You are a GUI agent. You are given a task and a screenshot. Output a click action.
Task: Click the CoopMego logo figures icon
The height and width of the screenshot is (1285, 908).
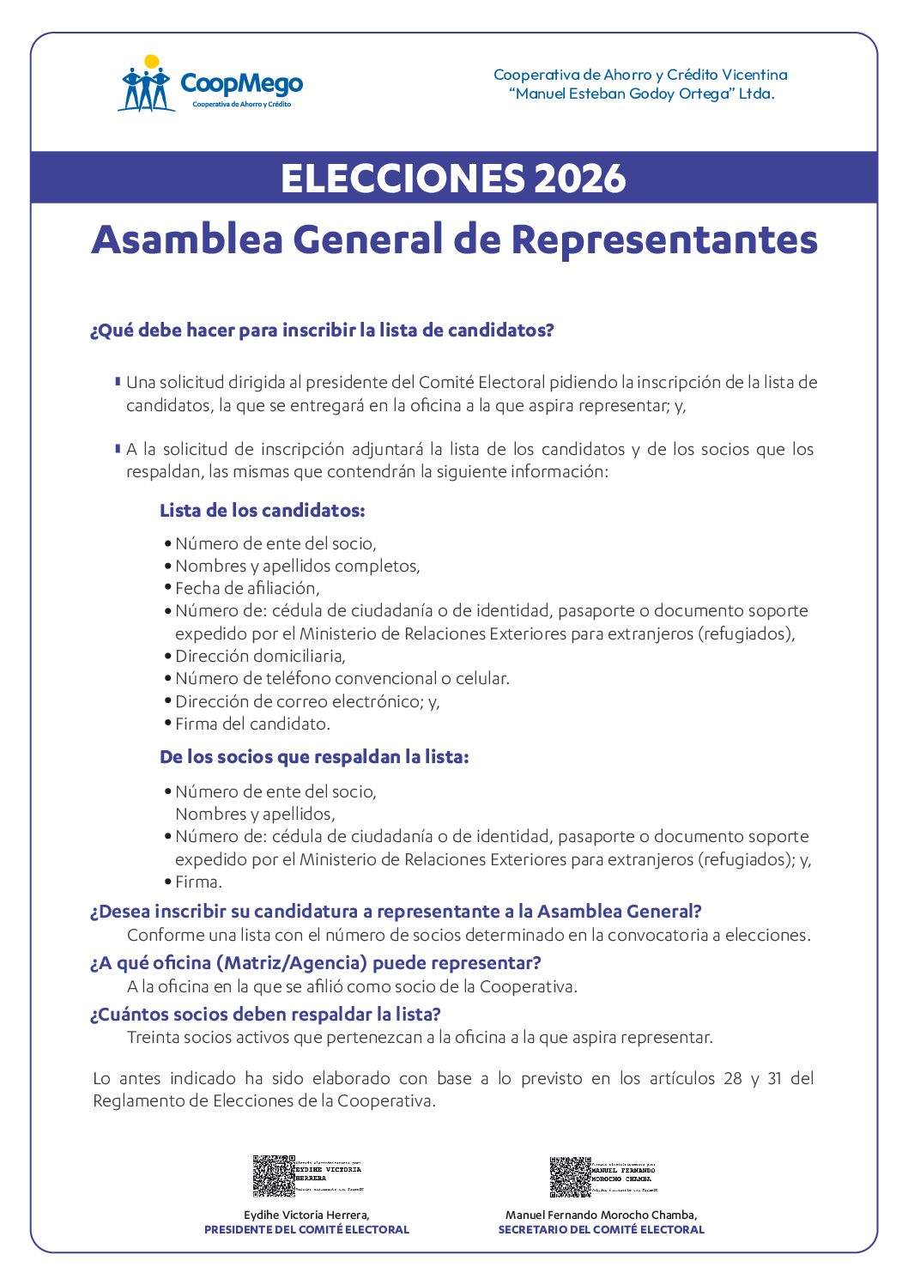144,89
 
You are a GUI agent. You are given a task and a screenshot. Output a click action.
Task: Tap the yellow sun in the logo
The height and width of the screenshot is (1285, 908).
152,62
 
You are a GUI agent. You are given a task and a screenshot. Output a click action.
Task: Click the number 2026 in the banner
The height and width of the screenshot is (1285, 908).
579,179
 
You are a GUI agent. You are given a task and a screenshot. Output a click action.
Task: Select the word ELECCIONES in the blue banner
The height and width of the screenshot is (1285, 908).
402,179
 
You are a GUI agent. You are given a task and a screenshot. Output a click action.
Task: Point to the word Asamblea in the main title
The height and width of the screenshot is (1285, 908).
187,239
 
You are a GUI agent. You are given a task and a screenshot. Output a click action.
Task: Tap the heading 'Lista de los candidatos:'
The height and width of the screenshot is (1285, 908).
262,511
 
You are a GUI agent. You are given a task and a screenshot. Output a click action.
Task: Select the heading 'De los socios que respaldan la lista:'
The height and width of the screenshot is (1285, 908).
314,757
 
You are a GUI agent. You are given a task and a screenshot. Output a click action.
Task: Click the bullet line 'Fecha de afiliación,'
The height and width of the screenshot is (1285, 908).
247,588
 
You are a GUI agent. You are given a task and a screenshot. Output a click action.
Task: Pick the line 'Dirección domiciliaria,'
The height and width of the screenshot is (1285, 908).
260,656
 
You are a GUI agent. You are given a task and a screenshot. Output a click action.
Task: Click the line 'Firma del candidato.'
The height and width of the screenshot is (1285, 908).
252,724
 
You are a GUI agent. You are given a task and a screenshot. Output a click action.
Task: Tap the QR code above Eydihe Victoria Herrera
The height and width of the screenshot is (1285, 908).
274,1175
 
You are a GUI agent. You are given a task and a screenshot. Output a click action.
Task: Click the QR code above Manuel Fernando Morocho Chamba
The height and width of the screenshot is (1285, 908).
570,1176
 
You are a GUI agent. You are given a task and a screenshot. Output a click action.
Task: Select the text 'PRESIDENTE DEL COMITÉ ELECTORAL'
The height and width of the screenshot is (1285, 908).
306,1229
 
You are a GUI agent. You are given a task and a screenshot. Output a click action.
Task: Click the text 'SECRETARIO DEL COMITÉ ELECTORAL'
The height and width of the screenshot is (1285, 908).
601,1229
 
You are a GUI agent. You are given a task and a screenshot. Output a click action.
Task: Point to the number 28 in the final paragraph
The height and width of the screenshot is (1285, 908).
732,1078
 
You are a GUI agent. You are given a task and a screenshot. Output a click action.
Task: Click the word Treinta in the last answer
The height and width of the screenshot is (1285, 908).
152,1037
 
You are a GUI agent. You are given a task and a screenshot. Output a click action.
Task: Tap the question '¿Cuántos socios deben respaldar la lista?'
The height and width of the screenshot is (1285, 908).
265,1014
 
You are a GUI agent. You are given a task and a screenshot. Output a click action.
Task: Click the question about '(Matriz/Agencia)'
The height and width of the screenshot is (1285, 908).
315,963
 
